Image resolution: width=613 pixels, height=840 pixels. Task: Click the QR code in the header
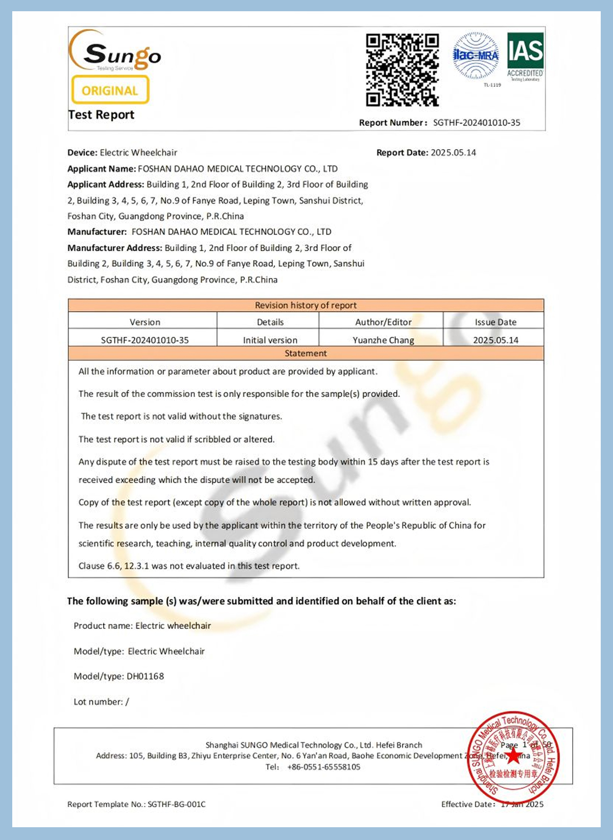[402, 69]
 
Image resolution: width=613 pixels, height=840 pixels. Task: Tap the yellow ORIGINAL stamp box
[110, 90]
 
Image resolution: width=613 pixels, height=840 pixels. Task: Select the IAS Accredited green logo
[525, 57]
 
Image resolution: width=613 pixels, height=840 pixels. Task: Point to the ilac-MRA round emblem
[476, 56]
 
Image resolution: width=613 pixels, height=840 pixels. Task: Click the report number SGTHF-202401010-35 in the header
[477, 123]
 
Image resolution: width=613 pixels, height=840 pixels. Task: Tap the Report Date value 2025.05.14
[453, 152]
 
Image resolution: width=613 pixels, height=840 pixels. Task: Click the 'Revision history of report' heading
[305, 305]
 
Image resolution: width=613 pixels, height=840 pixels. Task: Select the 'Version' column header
[145, 322]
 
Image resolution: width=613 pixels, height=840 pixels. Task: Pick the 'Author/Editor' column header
[383, 322]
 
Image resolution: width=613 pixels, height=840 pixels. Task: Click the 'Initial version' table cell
[270, 340]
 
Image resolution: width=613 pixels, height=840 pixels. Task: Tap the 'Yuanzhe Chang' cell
[383, 340]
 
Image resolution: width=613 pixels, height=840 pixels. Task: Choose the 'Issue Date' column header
[496, 322]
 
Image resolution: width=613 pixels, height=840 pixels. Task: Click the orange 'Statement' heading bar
[305, 353]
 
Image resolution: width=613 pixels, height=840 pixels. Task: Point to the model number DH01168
[145, 676]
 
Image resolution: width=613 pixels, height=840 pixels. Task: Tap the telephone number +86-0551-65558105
[323, 767]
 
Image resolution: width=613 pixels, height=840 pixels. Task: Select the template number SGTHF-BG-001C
[176, 804]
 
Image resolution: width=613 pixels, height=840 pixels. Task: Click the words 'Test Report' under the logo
[101, 115]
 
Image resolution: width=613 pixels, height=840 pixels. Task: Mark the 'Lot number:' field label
[98, 702]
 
